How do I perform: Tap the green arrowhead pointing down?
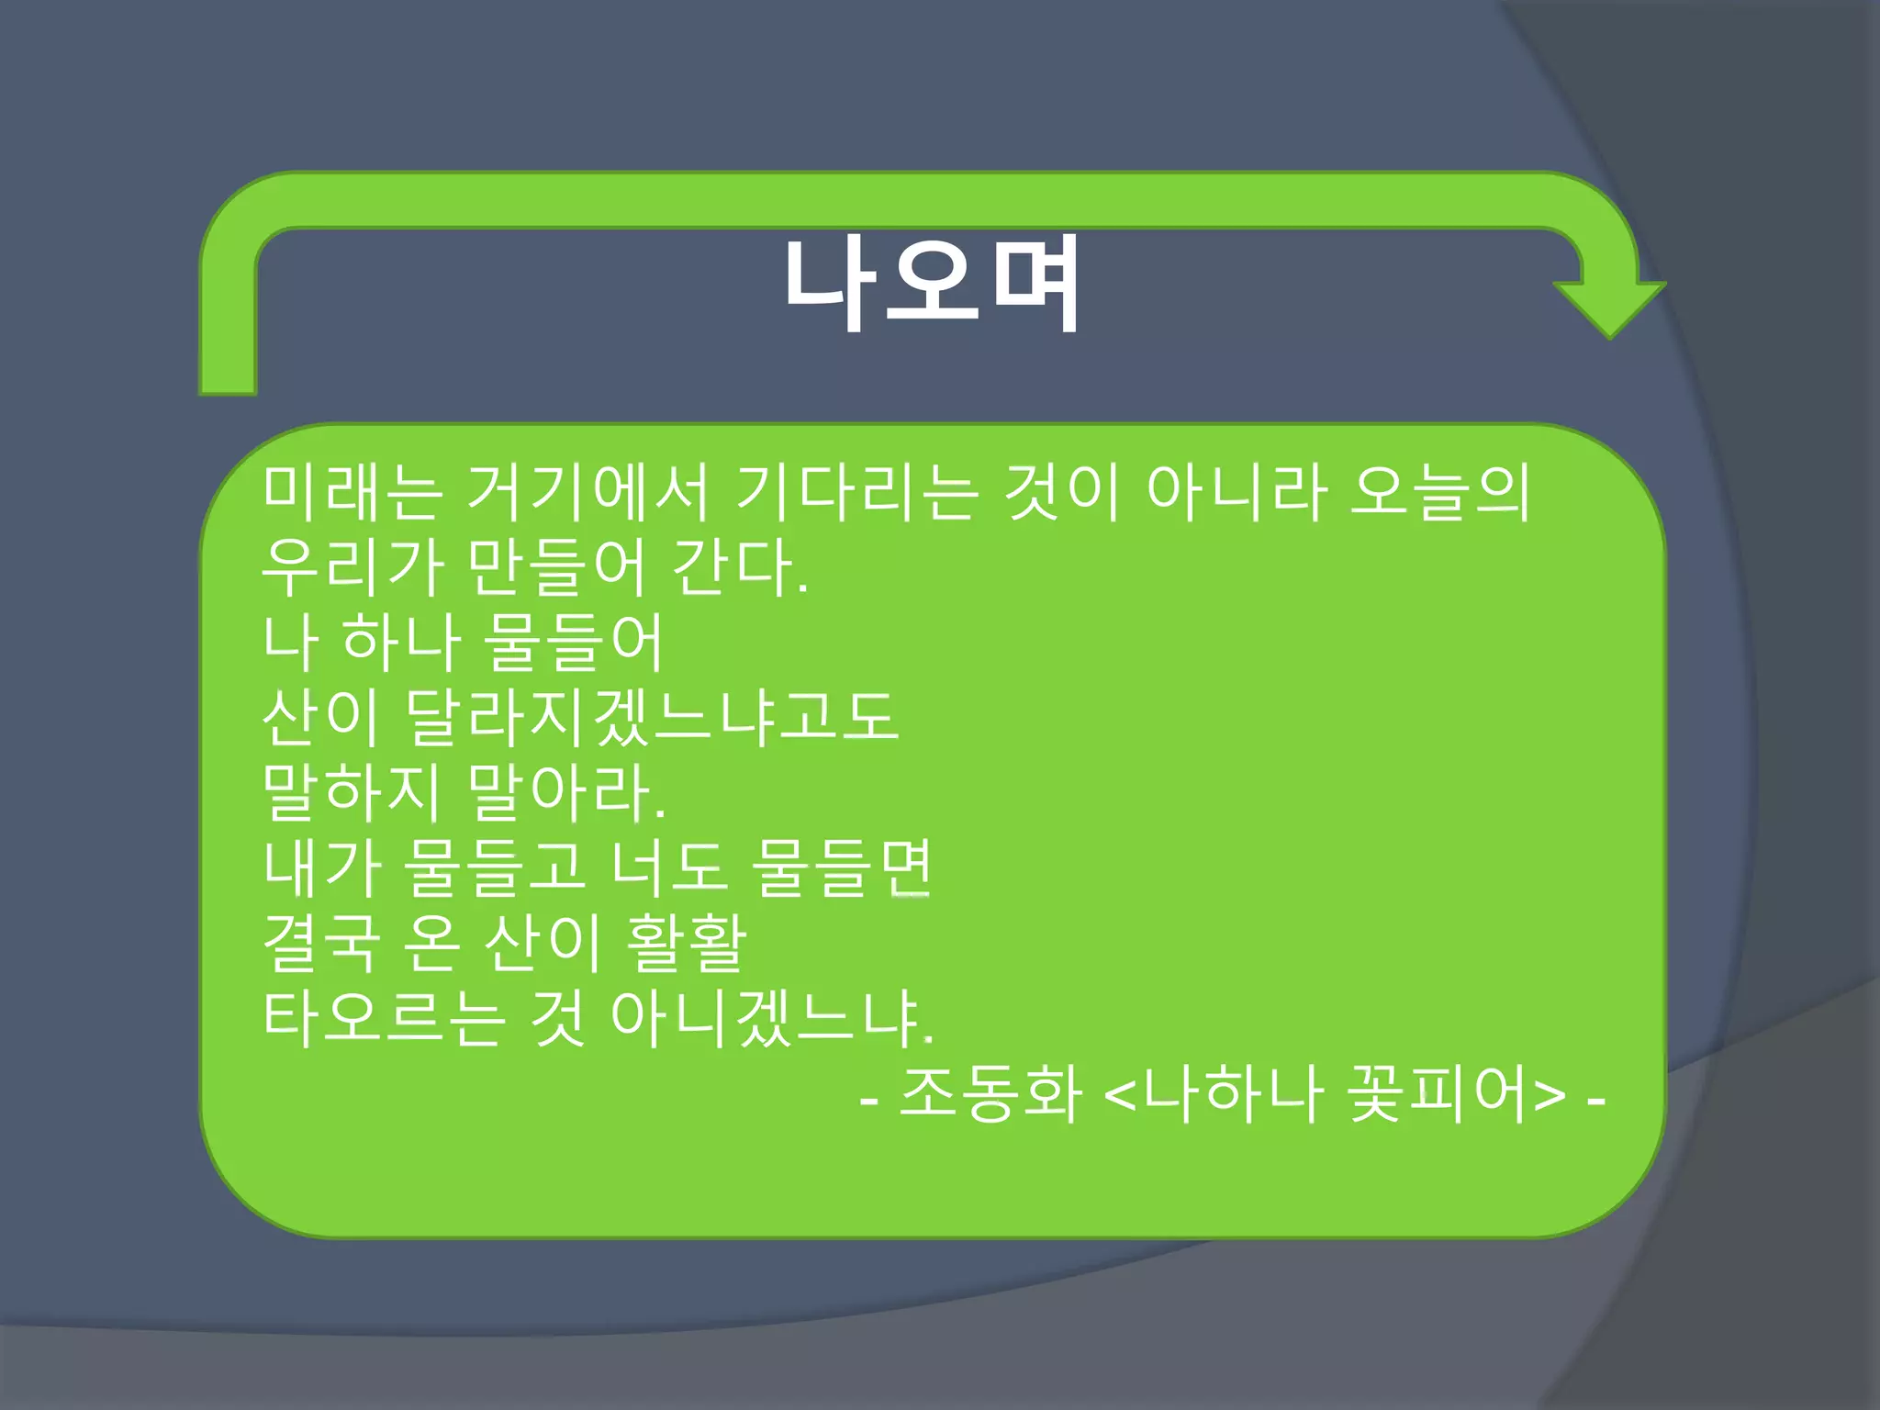pos(1609,307)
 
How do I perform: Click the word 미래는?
pos(352,492)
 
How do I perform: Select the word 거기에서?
pos(587,492)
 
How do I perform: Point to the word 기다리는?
pos(857,492)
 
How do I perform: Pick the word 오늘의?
pos(1439,492)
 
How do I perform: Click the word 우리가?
pos(352,567)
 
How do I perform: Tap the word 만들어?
pos(556,567)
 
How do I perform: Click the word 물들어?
pos(571,642)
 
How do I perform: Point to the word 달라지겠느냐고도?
pos(651,717)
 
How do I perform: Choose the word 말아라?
pos(565,792)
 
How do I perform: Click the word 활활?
pos(686,943)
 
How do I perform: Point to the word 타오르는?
pos(384,1018)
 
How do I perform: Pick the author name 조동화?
pos(990,1093)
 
